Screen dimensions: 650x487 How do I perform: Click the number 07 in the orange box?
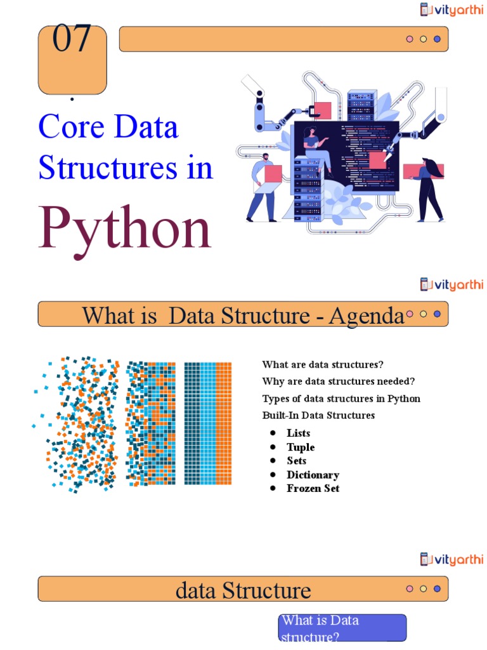pos(72,39)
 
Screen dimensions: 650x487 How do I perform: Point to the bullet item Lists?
pos(298,433)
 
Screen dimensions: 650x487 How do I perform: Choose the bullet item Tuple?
pos(301,447)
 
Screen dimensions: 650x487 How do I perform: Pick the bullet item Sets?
pos(296,461)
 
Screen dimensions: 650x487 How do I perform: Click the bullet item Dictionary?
pos(313,475)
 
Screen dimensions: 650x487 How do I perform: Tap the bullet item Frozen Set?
pos(313,489)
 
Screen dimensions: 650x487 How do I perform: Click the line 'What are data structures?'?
pos(323,364)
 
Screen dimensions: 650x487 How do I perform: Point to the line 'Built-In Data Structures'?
pos(318,415)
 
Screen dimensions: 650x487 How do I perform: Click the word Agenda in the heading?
pos(366,315)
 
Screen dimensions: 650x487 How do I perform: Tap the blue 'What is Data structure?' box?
pos(342,628)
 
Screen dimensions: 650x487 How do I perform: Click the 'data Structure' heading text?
pos(243,590)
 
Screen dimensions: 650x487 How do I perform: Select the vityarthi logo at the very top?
pos(451,10)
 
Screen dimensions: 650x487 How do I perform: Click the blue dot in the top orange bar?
pos(437,39)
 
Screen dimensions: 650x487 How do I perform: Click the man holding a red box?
pos(263,187)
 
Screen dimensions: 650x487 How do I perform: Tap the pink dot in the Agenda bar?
pos(410,314)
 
